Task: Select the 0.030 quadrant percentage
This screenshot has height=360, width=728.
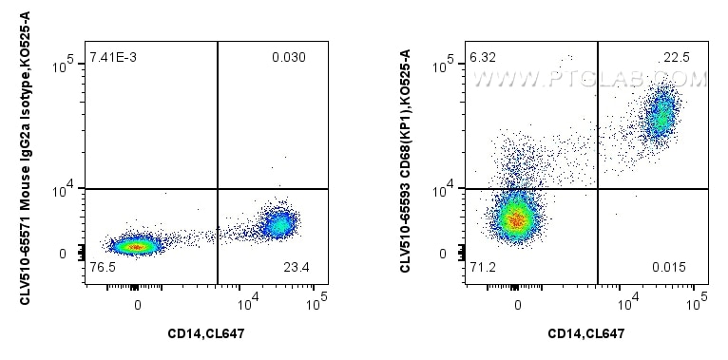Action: [288, 60]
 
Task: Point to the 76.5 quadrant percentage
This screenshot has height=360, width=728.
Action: [102, 269]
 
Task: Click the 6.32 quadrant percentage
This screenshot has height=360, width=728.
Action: [482, 60]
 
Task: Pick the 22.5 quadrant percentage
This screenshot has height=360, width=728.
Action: [677, 60]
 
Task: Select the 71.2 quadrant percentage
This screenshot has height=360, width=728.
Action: [482, 269]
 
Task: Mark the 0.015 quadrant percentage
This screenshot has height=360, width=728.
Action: [668, 269]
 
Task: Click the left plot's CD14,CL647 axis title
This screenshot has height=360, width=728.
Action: [206, 332]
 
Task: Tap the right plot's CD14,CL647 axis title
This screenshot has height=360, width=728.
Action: [586, 332]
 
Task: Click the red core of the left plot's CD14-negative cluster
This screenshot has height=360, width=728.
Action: [136, 246]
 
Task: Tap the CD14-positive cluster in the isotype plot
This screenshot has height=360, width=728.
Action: [279, 224]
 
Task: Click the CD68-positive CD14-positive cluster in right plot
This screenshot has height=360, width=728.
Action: [661, 119]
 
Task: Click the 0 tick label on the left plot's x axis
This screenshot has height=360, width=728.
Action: [138, 305]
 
